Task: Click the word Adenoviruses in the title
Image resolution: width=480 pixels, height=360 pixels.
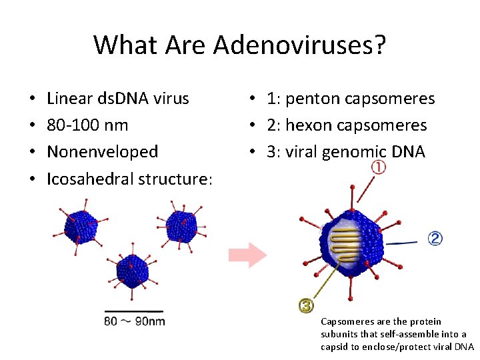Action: pos(299,45)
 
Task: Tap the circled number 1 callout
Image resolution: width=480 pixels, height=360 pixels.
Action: pos(379,167)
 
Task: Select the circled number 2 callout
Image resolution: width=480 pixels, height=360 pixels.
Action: pos(435,238)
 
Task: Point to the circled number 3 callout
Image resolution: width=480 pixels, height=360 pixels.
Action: pos(306,305)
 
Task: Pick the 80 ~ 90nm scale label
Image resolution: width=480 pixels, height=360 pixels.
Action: pos(134,321)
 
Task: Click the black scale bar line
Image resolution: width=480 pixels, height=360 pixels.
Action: pos(133,311)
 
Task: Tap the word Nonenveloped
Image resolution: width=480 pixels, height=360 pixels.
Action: pos(103,152)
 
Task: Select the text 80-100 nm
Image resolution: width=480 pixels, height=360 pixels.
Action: pos(88,125)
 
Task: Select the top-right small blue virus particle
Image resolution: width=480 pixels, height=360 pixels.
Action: pos(181,225)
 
